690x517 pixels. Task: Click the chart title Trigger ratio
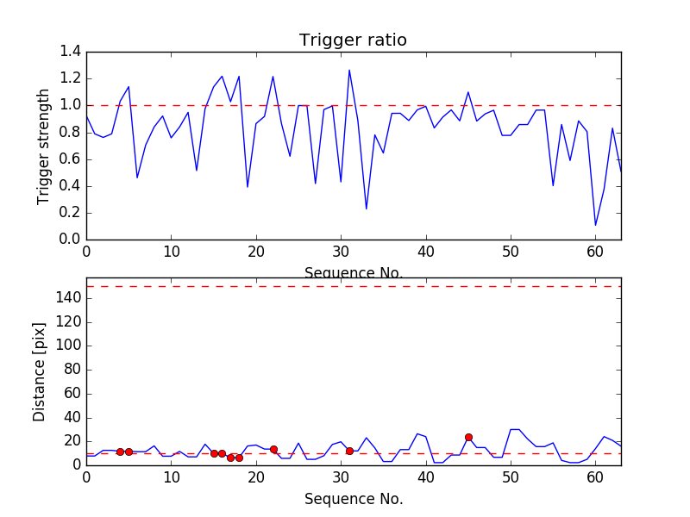click(x=353, y=40)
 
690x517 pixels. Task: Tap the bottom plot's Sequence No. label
click(x=353, y=499)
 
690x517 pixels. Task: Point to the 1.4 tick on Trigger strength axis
click(x=70, y=53)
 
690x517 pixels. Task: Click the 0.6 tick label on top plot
click(x=70, y=159)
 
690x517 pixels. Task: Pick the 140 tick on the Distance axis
click(x=68, y=298)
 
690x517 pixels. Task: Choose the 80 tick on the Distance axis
click(x=72, y=370)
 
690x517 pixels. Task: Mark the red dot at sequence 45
click(x=468, y=437)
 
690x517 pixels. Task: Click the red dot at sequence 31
click(x=349, y=451)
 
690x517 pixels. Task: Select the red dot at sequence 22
click(x=273, y=449)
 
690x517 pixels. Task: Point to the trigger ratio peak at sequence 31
click(x=349, y=71)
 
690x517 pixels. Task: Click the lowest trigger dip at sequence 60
click(x=595, y=226)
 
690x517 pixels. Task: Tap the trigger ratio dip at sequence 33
click(x=367, y=209)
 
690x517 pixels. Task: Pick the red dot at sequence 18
click(x=239, y=458)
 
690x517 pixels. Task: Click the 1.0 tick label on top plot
click(x=70, y=106)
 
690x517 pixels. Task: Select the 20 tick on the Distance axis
click(x=72, y=441)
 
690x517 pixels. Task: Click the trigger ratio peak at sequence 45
click(x=468, y=92)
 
